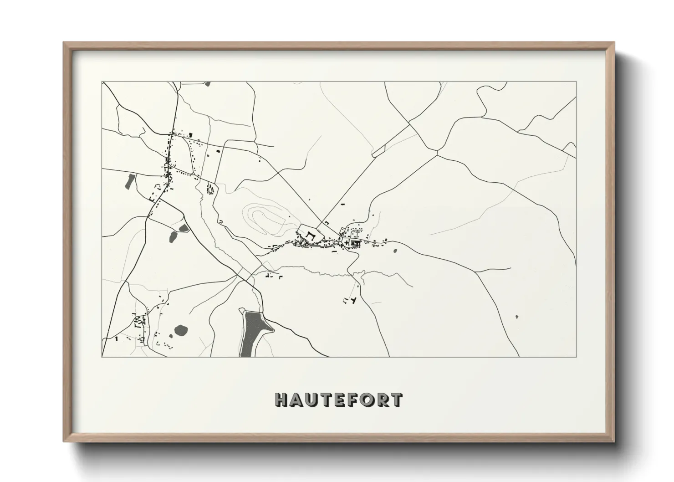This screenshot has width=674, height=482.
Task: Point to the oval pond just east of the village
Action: point(394,250)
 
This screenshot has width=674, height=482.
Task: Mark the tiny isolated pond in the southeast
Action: point(516,316)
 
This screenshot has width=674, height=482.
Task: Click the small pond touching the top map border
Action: point(208,84)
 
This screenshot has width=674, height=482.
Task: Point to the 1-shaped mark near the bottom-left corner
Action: point(117,338)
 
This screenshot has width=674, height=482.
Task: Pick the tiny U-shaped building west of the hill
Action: point(220,221)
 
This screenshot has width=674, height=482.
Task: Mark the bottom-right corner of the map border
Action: point(576,357)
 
